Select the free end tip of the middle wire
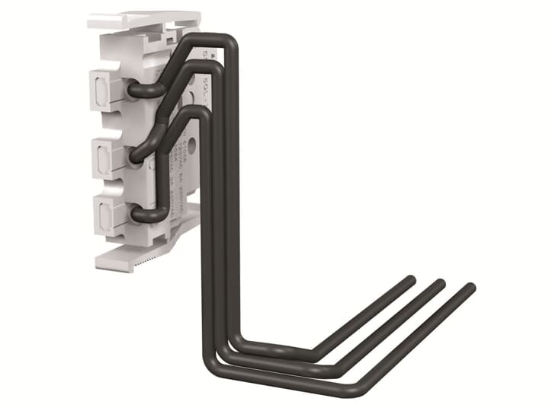click(x=440, y=283)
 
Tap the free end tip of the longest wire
click(x=470, y=288)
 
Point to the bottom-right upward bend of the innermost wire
click(x=314, y=355)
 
